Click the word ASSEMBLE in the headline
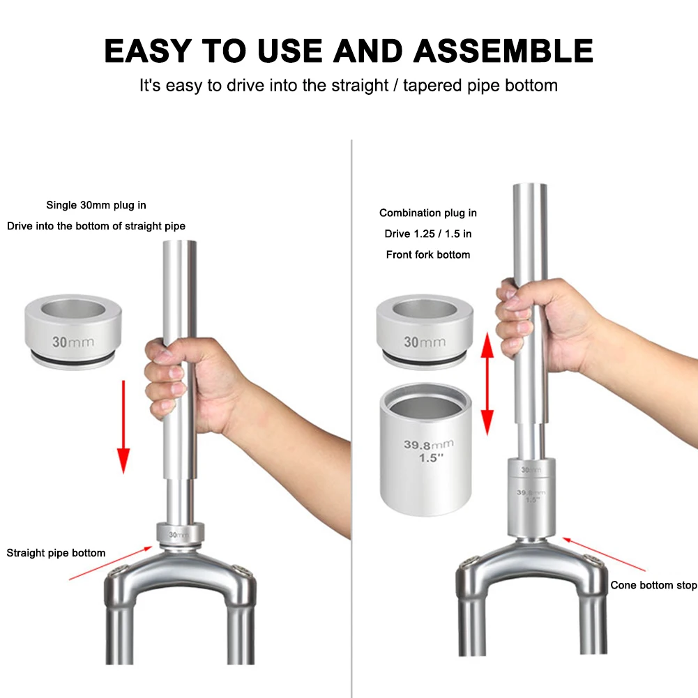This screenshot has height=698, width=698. pos(503,51)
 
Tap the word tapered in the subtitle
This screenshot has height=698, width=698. pos(432,85)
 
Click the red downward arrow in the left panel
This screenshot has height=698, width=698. pos(123,427)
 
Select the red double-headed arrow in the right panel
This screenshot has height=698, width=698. pos(487,384)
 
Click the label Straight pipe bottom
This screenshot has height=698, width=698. pos(56,553)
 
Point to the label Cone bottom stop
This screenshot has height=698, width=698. pos(653,585)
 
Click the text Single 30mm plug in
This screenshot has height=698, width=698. pos(96,205)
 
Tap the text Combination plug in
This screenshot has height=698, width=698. pos(427,213)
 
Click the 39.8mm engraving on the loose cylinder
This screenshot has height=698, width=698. pos(429,444)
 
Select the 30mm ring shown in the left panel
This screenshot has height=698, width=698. pos(73,332)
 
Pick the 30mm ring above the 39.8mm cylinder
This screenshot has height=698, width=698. pos(425,332)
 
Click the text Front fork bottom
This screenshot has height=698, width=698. pos(427,255)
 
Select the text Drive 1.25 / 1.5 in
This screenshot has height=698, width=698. pos(427,234)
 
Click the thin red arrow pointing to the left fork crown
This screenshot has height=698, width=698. pos(111,563)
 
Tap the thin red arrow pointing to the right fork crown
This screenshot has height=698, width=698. pos(604,554)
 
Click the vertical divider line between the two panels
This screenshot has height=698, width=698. pos(351,418)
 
